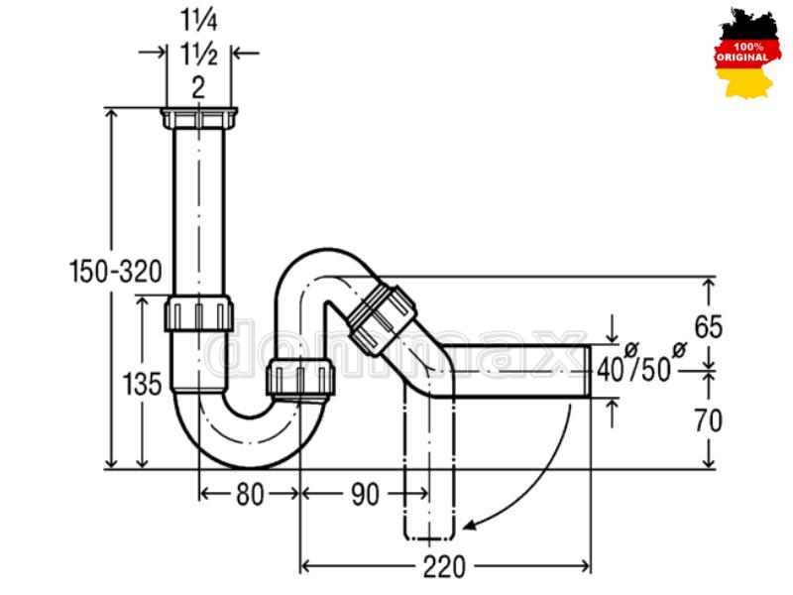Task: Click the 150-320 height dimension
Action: (x=115, y=271)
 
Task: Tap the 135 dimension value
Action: (x=142, y=384)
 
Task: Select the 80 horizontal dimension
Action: (x=250, y=494)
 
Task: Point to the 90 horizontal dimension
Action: (x=365, y=494)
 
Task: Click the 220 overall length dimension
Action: (x=444, y=566)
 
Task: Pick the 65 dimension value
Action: (x=708, y=327)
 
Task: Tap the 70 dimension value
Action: (x=708, y=420)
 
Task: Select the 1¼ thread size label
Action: (x=199, y=21)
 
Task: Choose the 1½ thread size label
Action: (x=199, y=55)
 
